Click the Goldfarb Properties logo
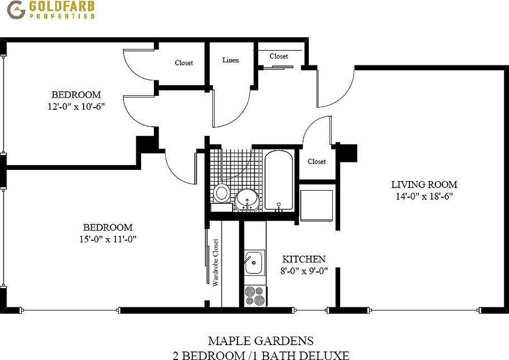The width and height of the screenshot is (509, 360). (x=52, y=10)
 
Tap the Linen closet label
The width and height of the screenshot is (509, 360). (x=230, y=60)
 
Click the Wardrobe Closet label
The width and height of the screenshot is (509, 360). (x=216, y=263)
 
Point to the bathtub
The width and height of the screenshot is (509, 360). (x=278, y=181)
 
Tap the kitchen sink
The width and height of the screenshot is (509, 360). (x=253, y=261)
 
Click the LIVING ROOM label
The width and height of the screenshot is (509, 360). (x=424, y=185)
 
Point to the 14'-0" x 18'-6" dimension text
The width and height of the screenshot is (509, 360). (x=424, y=196)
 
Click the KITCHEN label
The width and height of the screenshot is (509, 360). (x=303, y=259)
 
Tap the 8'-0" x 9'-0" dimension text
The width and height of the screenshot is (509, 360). (x=303, y=271)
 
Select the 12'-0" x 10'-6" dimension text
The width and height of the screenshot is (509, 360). (x=76, y=106)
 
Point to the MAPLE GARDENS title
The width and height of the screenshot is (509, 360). (x=260, y=341)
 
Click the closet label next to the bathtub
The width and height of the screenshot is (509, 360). (x=316, y=161)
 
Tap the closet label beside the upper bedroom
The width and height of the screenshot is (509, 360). (x=184, y=63)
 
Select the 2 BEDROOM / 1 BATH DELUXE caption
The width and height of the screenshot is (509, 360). (x=260, y=355)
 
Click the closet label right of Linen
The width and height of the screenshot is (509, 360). (x=278, y=56)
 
